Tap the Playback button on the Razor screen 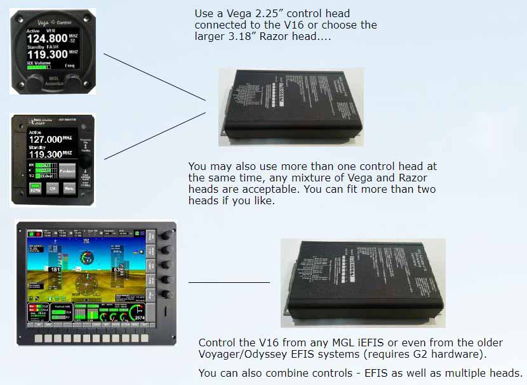[69, 171]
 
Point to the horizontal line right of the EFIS [229, 282]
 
